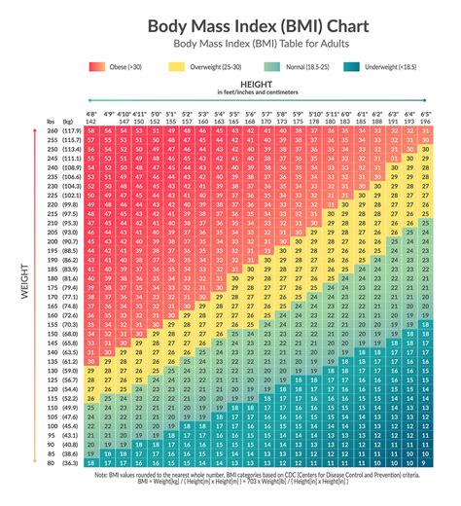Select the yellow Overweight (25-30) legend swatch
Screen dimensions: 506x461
(x=175, y=67)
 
